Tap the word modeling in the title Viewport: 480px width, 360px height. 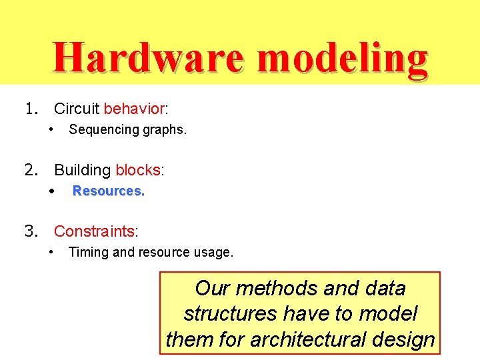(341, 58)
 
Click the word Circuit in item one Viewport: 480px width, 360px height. (77, 109)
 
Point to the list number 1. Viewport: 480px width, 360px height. (30, 109)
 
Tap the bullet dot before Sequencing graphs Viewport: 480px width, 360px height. (52, 129)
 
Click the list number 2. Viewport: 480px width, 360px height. (30, 170)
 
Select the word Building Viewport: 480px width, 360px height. (83, 170)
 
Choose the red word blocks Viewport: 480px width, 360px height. (138, 170)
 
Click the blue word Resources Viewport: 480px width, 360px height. (108, 191)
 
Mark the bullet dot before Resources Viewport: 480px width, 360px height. (52, 191)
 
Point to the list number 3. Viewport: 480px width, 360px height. (30, 231)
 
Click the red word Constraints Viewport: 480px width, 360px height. (94, 231)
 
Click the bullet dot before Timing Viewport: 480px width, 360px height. (52, 252)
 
